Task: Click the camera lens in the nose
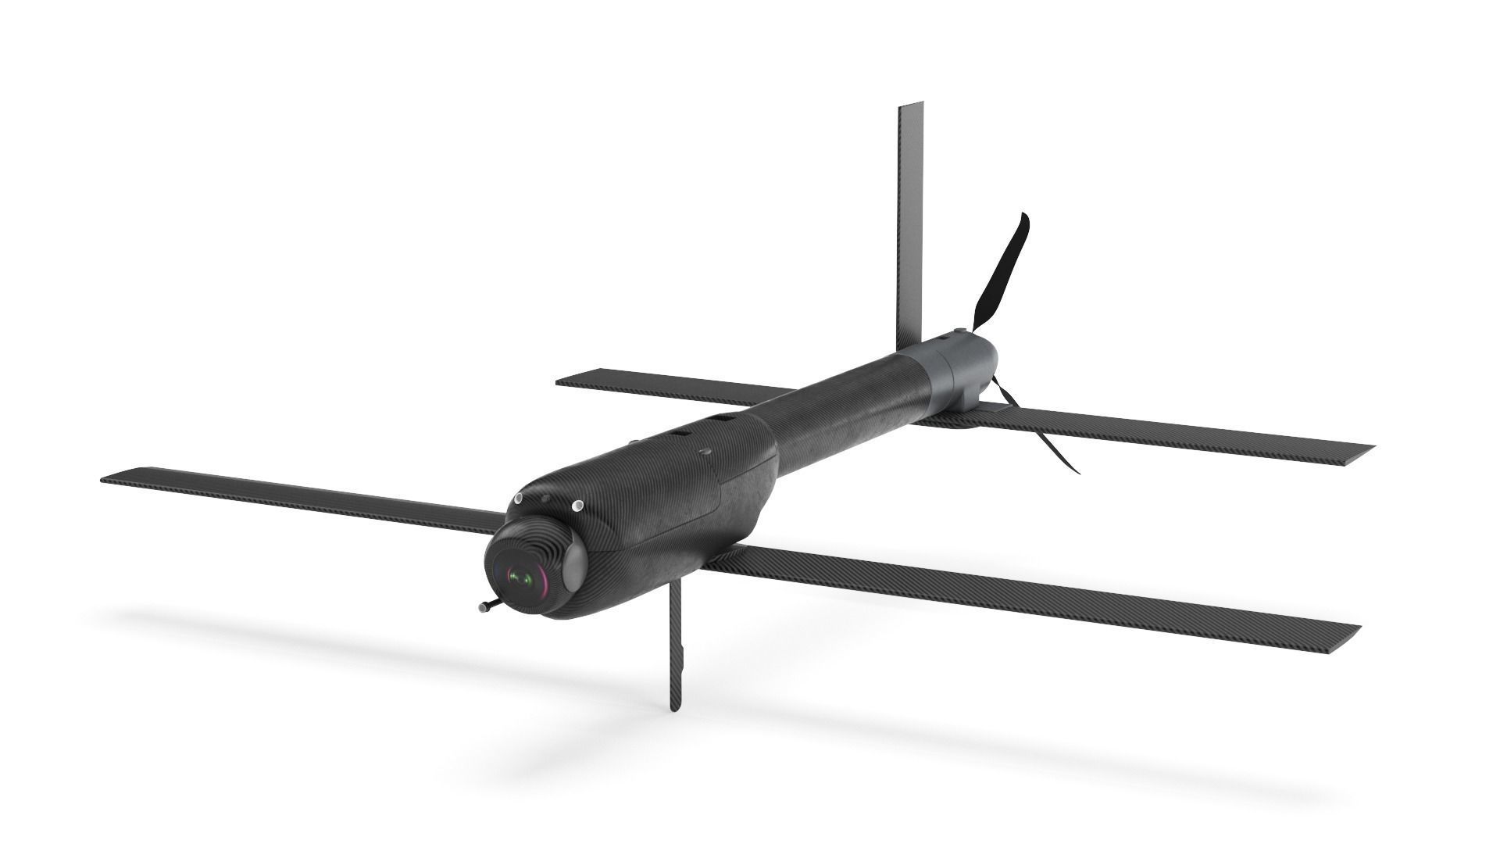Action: tap(521, 578)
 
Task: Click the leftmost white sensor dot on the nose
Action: tap(517, 499)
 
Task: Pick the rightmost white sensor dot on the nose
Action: tap(577, 506)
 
